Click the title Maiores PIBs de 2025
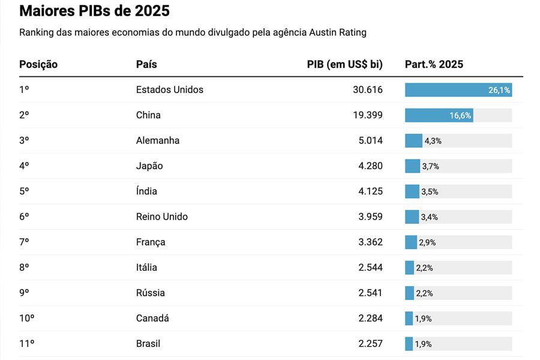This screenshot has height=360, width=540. tap(94, 11)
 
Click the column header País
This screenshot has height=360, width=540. tap(146, 64)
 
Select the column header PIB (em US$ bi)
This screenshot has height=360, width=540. tap(344, 64)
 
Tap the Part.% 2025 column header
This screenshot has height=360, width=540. tap(434, 64)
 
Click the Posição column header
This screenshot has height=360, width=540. tap(38, 64)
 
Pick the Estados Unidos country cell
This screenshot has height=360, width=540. tap(169, 90)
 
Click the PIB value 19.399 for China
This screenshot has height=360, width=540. tap(367, 115)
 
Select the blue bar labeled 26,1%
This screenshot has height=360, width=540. tap(458, 90)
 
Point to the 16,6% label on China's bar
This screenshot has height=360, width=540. tap(460, 116)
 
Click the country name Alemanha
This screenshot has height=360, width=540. tap(158, 140)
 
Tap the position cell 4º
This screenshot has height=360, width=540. tap(24, 166)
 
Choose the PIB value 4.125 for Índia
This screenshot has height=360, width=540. tap(370, 191)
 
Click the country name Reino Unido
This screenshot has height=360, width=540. tap(161, 217)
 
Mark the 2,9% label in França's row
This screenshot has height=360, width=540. tap(427, 242)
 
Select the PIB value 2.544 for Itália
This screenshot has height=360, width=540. tap(370, 268)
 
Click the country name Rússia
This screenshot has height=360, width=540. tap(150, 293)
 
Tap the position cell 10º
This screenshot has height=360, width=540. tap(26, 319)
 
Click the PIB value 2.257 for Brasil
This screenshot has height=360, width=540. tap(370, 344)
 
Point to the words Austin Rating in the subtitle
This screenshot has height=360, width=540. tap(338, 32)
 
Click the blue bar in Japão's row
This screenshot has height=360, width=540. tap(412, 166)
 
